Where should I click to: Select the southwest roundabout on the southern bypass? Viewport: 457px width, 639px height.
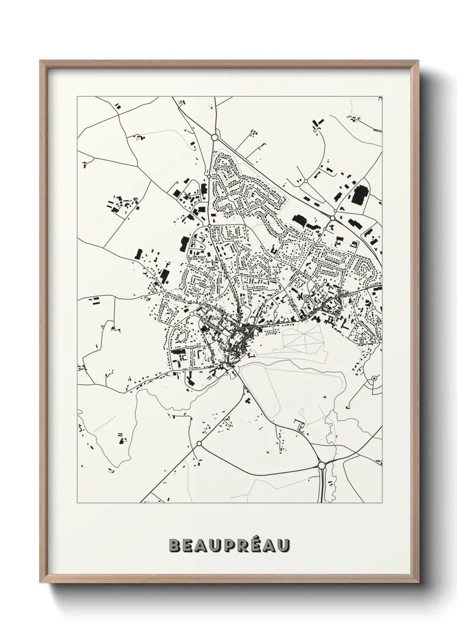coord(199,443)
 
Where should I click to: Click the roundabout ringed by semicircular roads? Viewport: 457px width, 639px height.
coord(373,379)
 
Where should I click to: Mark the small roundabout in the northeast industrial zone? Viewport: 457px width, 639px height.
coord(305,181)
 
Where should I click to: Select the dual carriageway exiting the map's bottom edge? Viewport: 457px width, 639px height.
coord(321,488)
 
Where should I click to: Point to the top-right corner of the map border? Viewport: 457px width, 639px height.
coord(383,97)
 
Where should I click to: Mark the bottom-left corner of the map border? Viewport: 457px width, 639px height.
coord(77,503)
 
